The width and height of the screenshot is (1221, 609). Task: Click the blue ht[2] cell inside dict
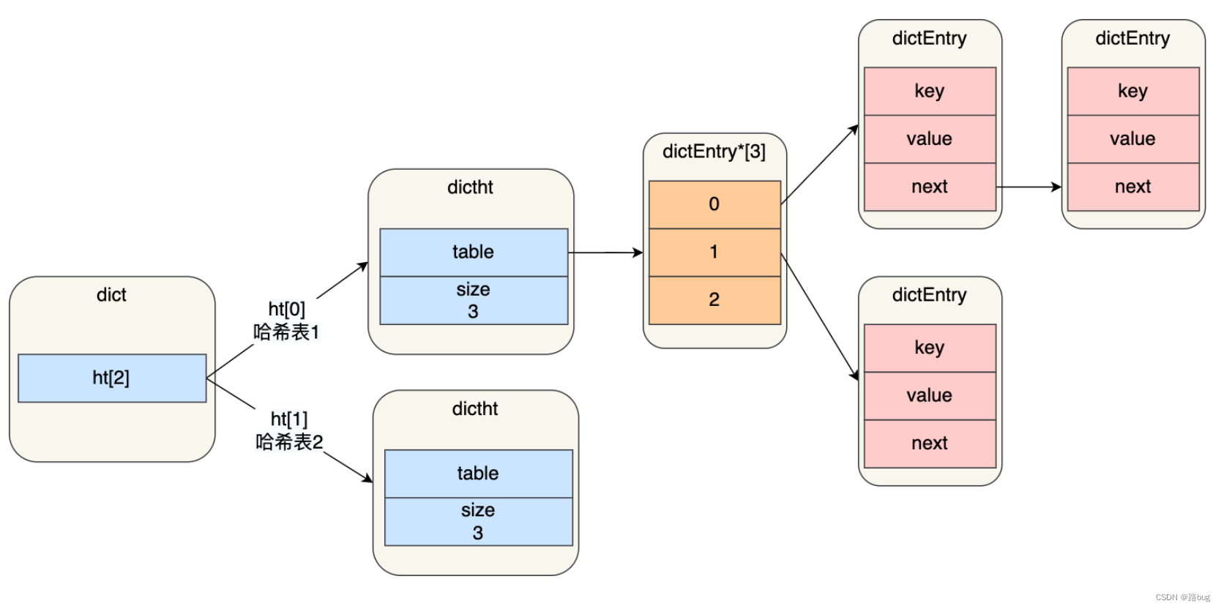point(111,378)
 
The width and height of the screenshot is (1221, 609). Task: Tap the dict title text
point(111,295)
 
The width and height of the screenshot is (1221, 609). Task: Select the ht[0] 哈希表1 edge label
point(286,321)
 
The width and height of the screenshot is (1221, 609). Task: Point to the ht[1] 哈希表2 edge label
point(289,430)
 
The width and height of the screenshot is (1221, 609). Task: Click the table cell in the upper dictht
point(473,252)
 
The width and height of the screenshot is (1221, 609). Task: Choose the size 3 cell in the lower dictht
point(478,521)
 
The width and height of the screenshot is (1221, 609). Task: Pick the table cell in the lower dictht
point(478,474)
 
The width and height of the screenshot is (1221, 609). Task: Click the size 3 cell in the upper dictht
point(473,300)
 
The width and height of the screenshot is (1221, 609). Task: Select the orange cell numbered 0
point(714,204)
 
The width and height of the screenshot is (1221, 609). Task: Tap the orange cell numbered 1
point(714,252)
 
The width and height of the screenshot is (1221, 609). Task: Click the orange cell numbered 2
point(714,299)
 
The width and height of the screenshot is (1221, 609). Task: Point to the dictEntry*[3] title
point(714,152)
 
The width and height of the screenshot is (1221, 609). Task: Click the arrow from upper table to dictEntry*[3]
point(605,253)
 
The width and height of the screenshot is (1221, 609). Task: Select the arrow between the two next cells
point(1028,187)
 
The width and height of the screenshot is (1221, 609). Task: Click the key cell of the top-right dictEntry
point(1132,91)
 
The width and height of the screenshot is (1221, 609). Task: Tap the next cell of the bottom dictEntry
point(929,444)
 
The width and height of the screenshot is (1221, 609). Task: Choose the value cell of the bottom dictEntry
point(929,396)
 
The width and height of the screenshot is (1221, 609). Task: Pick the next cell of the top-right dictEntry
point(1132,187)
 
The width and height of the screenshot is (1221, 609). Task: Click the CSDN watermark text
point(1182,597)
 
